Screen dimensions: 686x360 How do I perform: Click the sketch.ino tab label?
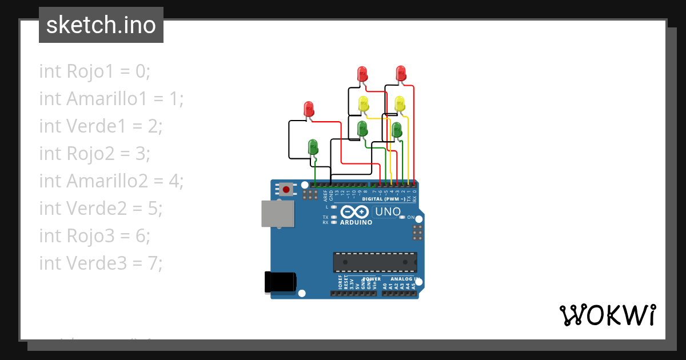tap(101, 25)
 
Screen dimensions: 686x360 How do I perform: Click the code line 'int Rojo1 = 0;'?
tap(94, 71)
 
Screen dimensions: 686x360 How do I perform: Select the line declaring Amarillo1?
tap(111, 99)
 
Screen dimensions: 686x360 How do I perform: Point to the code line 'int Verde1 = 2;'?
tap(101, 126)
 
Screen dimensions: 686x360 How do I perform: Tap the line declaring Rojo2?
tap(94, 154)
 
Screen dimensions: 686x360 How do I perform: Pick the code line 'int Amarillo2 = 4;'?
tap(111, 181)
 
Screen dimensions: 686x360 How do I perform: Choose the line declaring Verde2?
tap(101, 209)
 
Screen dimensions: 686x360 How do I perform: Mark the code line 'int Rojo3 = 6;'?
tap(94, 236)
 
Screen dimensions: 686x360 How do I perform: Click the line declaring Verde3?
tap(101, 263)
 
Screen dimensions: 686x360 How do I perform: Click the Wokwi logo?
tap(607, 315)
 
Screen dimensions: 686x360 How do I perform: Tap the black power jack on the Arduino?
tap(280, 282)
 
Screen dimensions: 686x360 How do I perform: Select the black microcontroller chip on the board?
tap(375, 262)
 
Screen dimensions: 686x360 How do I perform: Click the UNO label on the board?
tap(388, 212)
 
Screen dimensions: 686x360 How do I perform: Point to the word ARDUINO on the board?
tap(356, 222)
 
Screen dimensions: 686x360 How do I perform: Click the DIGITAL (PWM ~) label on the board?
tap(384, 199)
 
